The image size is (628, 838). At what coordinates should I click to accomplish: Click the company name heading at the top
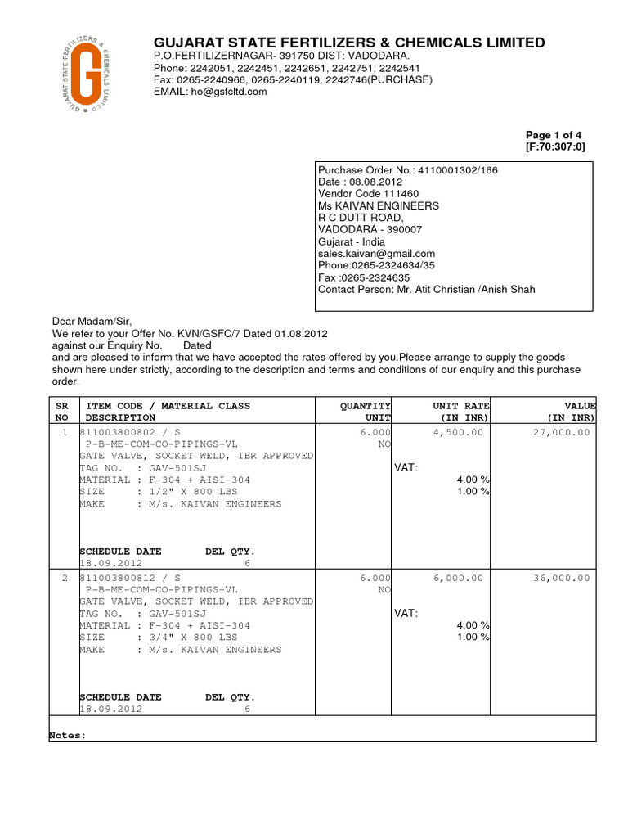pos(349,43)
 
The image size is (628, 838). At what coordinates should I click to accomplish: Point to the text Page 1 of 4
pos(554,135)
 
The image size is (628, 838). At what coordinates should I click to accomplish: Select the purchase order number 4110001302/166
pos(457,170)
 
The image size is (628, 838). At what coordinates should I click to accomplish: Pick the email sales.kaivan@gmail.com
pos(376,254)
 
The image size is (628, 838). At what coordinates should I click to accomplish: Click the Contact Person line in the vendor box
pos(426,290)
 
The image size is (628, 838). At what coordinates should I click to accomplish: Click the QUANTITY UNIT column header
pos(366,412)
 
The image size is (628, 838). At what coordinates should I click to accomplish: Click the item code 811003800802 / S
pos(130,432)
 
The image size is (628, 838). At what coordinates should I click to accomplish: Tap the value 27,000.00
pos(561,432)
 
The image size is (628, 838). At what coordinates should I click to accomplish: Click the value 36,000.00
pos(561,578)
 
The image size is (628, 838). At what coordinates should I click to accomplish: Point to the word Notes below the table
pos(67,736)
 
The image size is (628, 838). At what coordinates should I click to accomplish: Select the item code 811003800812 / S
pos(130,578)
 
